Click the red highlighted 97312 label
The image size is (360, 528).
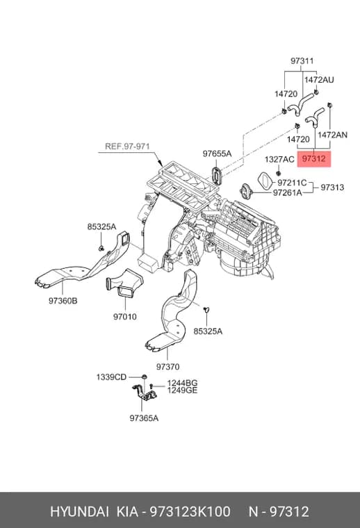pyautogui.click(x=314, y=158)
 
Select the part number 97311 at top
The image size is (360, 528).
pyautogui.click(x=302, y=61)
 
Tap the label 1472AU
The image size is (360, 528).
pyautogui.click(x=319, y=80)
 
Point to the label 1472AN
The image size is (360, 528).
pyautogui.click(x=332, y=135)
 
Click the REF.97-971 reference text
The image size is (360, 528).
pyautogui.click(x=127, y=147)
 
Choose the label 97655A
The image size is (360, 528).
pyautogui.click(x=217, y=154)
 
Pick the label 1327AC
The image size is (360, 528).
pyautogui.click(x=279, y=159)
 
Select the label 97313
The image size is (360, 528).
pyautogui.click(x=332, y=187)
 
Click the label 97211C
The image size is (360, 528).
pyautogui.click(x=292, y=183)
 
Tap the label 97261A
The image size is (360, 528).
pyautogui.click(x=287, y=192)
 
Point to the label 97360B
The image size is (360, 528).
pyautogui.click(x=63, y=301)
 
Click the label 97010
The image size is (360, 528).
pyautogui.click(x=125, y=317)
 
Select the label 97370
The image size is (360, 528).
pyautogui.click(x=167, y=366)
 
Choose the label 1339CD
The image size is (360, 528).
pyautogui.click(x=111, y=377)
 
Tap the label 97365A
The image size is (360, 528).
pyautogui.click(x=144, y=418)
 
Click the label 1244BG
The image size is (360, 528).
pyautogui.click(x=182, y=383)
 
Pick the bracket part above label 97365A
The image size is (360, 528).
pyautogui.click(x=144, y=393)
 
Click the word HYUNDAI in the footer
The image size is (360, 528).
pyautogui.click(x=79, y=511)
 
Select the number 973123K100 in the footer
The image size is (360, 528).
pyautogui.click(x=190, y=511)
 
